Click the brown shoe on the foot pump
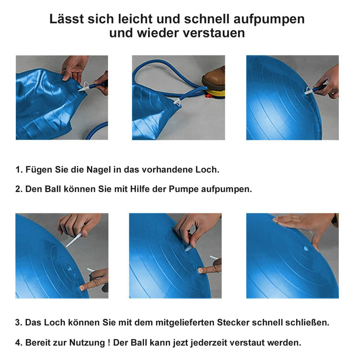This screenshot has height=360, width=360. click(x=213, y=78)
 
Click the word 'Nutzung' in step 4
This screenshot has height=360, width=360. click(x=87, y=343)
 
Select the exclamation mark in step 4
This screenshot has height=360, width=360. click(x=109, y=342)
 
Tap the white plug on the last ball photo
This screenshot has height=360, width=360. click(x=306, y=248)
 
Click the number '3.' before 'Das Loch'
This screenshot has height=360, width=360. click(x=18, y=323)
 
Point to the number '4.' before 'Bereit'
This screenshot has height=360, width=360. click(x=18, y=343)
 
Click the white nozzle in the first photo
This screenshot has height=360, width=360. click(x=84, y=87)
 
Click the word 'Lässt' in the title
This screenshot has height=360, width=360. click(x=67, y=19)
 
